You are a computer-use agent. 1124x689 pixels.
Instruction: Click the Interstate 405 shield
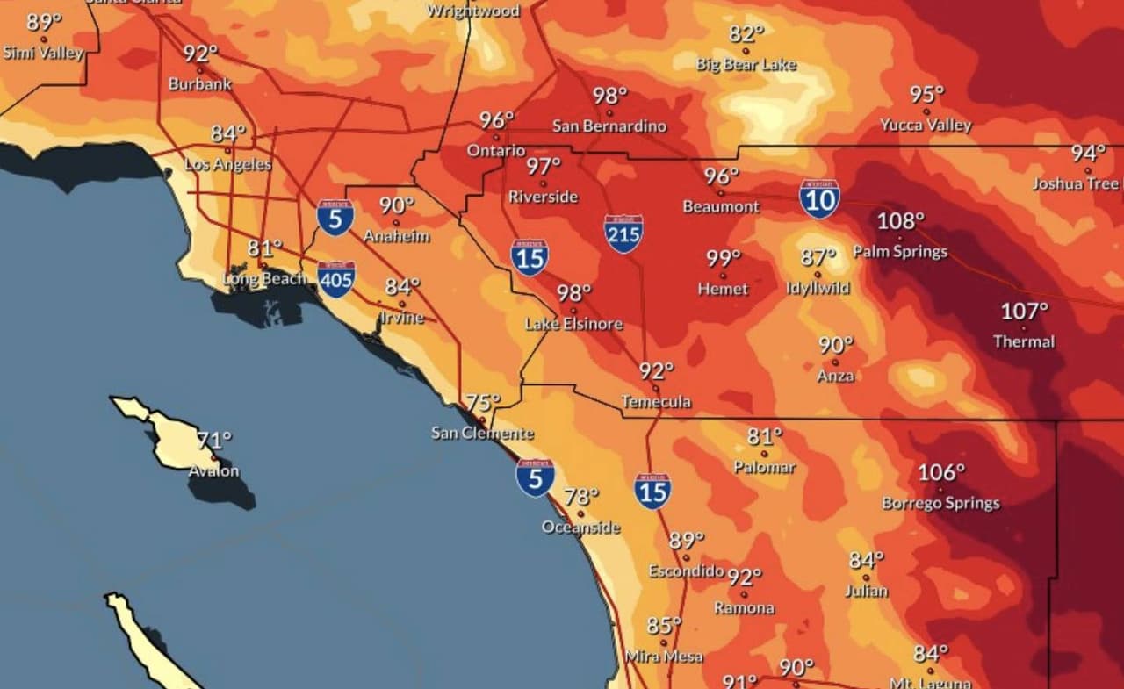click(x=337, y=278)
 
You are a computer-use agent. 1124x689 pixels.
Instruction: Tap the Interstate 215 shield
click(x=623, y=233)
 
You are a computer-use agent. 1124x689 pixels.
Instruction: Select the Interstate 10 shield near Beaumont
click(x=818, y=199)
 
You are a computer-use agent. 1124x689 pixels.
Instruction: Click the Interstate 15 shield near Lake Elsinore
click(x=530, y=257)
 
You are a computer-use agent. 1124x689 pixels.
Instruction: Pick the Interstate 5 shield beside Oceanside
click(x=535, y=478)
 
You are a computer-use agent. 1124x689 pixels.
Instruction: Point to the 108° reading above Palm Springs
click(x=901, y=221)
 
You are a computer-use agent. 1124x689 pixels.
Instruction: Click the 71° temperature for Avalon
click(x=213, y=440)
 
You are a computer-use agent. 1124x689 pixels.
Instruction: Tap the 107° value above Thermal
click(x=1025, y=312)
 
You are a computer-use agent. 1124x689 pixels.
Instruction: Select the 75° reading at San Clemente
click(x=482, y=403)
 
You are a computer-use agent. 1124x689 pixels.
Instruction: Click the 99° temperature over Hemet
click(x=724, y=259)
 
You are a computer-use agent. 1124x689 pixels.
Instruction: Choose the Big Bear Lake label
click(x=746, y=65)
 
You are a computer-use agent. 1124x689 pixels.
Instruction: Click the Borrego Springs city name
click(x=940, y=504)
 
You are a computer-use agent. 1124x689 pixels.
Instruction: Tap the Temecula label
click(x=656, y=402)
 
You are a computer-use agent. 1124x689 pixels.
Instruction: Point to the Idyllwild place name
click(x=817, y=288)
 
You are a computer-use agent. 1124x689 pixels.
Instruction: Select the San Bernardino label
click(x=609, y=126)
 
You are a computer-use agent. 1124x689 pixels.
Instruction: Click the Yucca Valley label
click(x=926, y=126)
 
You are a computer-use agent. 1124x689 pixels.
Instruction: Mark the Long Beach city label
click(x=264, y=279)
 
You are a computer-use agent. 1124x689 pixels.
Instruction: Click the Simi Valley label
click(x=42, y=53)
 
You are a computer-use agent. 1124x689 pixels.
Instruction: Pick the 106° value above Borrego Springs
click(x=940, y=473)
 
